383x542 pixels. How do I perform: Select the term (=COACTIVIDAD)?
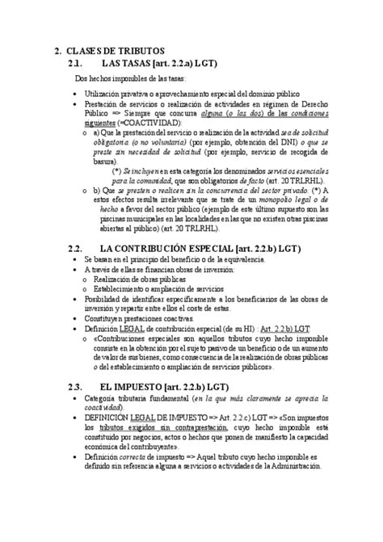point(162,122)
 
